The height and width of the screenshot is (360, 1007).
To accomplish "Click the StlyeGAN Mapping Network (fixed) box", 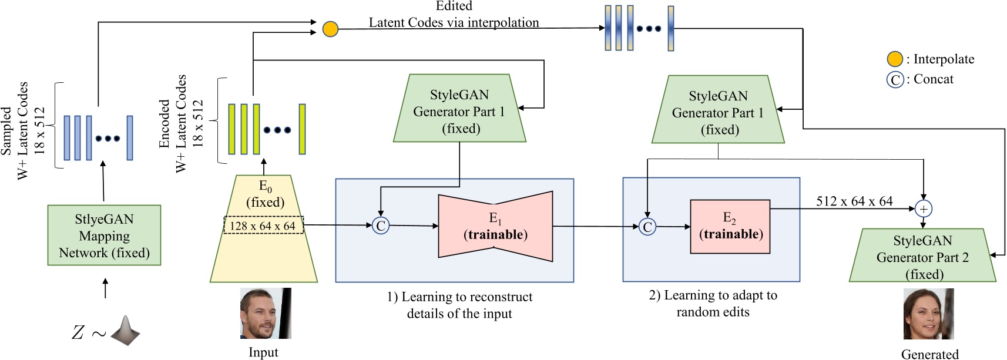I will [x=104, y=235].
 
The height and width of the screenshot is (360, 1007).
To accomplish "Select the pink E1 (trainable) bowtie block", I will [x=495, y=227].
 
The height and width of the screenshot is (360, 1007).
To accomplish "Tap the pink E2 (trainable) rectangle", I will [x=730, y=227].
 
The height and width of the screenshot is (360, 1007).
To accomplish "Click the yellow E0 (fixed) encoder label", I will [x=265, y=194].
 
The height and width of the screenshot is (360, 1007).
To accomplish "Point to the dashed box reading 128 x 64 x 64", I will [x=263, y=226].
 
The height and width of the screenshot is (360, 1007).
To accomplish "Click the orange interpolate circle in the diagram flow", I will [x=330, y=29].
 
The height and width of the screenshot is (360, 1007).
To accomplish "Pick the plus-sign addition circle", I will [x=923, y=208].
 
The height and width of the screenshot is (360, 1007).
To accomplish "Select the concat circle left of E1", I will [x=381, y=226].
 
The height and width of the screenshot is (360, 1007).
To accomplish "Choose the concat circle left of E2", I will [x=647, y=227].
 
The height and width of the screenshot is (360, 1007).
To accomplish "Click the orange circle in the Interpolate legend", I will [x=894, y=59].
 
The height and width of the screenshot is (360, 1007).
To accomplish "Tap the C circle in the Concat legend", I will [x=894, y=79].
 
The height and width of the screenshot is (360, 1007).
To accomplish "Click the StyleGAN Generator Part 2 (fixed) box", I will [x=922, y=256].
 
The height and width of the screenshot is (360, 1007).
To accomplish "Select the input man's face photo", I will [x=266, y=313].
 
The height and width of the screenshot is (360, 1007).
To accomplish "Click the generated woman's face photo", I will [x=928, y=314].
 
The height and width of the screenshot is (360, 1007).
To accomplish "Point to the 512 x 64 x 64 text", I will [x=854, y=201].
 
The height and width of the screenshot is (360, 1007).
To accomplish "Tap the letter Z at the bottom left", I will [x=78, y=332].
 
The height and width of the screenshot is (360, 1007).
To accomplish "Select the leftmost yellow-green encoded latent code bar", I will [x=231, y=129].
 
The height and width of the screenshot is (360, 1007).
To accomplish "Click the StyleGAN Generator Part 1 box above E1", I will [x=459, y=109].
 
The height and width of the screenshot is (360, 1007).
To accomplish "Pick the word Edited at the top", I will [x=454, y=6].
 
